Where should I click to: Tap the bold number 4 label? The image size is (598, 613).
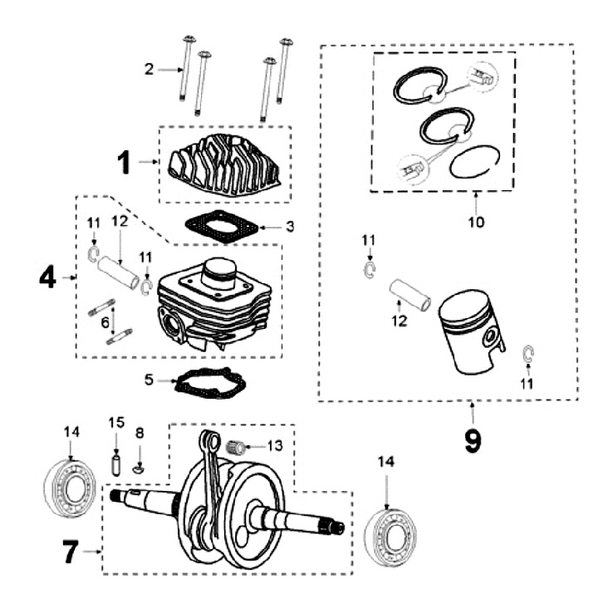coord(47,277)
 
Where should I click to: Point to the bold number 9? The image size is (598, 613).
coord(472,440)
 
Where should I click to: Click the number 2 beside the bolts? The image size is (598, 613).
coord(149,69)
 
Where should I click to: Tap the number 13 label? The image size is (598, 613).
coord(274,446)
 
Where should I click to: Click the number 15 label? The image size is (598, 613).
coord(115,423)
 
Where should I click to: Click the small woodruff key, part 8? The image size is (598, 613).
coord(140,467)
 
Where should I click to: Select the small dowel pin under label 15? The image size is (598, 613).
coord(116,462)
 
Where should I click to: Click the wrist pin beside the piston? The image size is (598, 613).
coord(409,295)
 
